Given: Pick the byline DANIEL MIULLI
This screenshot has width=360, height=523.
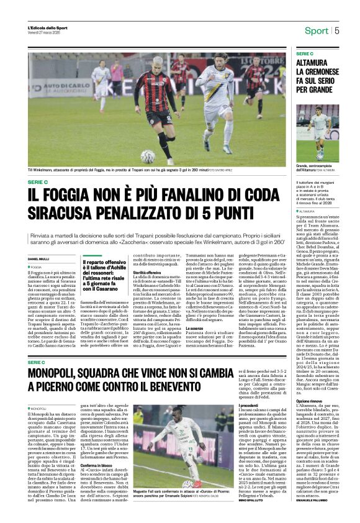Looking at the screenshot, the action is (39, 259).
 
